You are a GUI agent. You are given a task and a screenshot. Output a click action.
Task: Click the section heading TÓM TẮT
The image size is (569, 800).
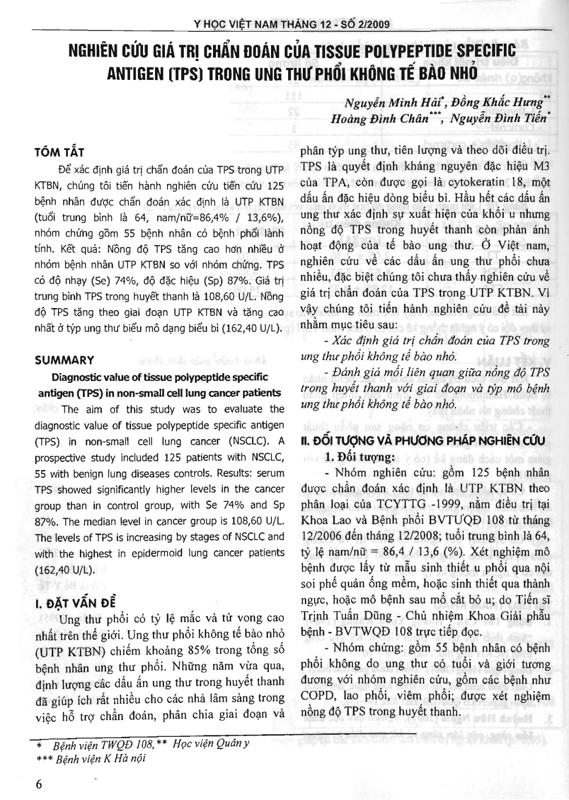pos(59,152)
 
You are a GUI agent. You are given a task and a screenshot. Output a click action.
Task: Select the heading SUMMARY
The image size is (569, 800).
pos(64,360)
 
